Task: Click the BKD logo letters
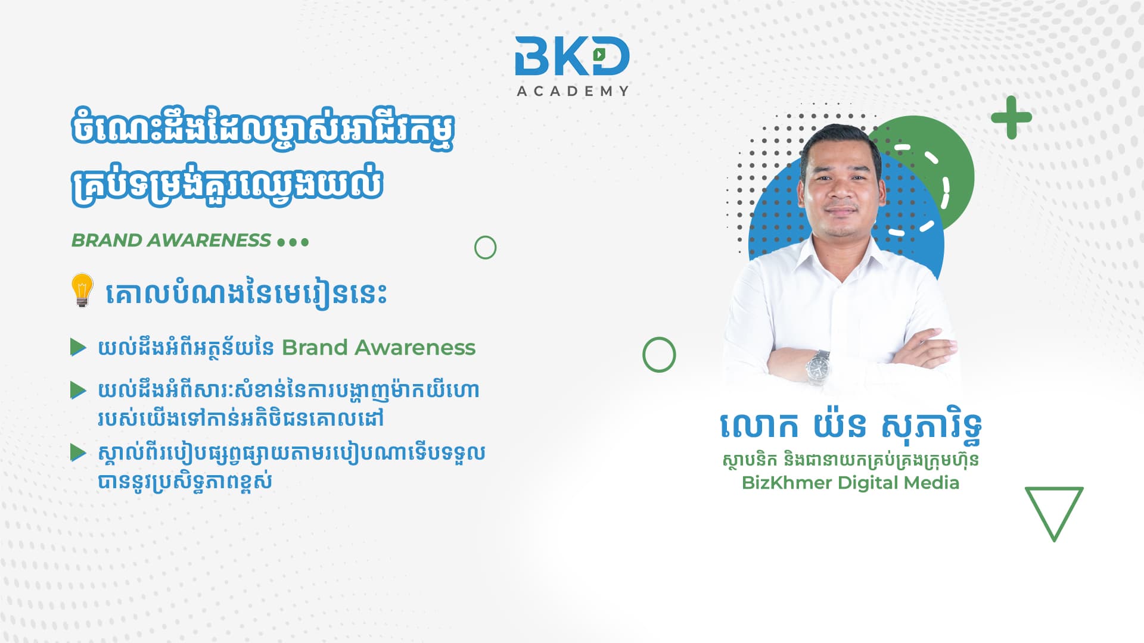[x=572, y=57]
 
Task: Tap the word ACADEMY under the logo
[x=573, y=91]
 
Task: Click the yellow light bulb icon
[x=82, y=290]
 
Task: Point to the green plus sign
[x=1011, y=117]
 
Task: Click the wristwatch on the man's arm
[x=817, y=366]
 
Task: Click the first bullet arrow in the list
[x=78, y=347]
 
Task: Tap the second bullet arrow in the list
[x=78, y=391]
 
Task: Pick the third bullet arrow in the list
[x=78, y=452]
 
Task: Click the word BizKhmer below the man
[x=786, y=482]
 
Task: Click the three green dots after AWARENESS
[x=293, y=242]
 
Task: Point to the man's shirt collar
[x=840, y=250]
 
